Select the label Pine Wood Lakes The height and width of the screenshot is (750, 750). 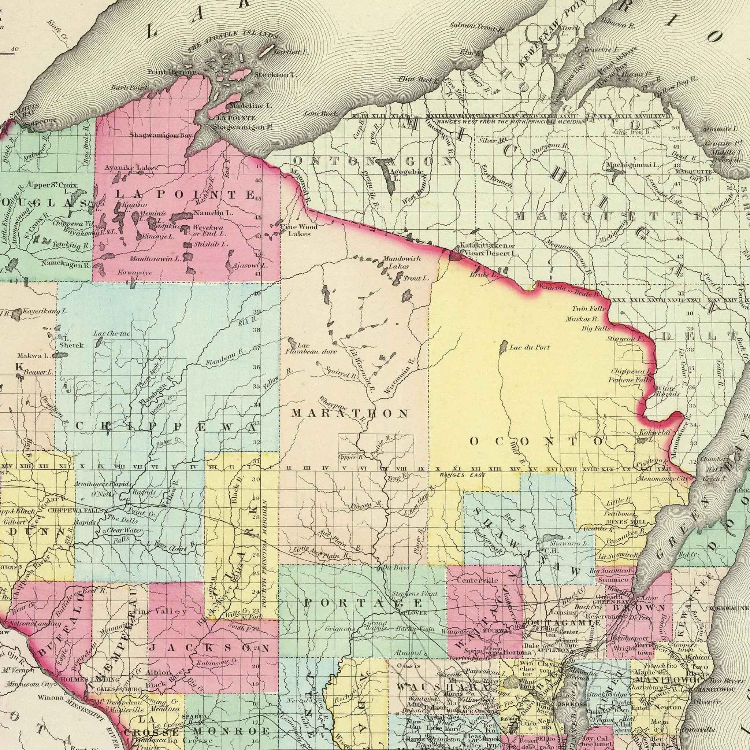coord(299,230)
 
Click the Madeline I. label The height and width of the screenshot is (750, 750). coord(250,105)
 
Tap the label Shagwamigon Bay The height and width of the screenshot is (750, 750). coord(160,135)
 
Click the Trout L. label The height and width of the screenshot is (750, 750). coord(416,278)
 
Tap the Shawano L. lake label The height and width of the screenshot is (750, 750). coord(569,543)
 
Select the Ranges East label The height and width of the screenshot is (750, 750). coord(463,475)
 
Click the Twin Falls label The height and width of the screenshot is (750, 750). coord(589,309)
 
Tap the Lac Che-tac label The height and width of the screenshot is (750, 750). coord(112,334)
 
